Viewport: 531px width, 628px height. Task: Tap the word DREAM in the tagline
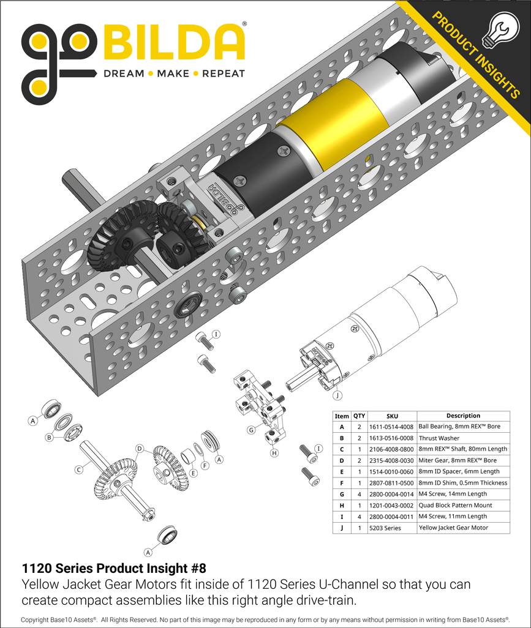124,73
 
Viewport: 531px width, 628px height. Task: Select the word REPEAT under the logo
223,73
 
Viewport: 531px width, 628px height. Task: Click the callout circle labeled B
48,438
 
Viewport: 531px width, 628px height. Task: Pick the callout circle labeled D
139,449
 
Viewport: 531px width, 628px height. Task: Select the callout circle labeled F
205,465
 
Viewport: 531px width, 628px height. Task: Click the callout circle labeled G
251,430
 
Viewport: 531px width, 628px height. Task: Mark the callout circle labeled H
274,453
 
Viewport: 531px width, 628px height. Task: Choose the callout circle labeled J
337,395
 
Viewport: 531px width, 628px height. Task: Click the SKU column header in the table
392,416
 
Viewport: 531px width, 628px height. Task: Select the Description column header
462,416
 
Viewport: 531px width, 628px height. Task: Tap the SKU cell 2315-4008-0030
392,460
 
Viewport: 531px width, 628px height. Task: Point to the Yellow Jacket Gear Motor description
453,527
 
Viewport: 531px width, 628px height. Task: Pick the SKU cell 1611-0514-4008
392,427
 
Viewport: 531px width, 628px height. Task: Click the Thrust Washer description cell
439,438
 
